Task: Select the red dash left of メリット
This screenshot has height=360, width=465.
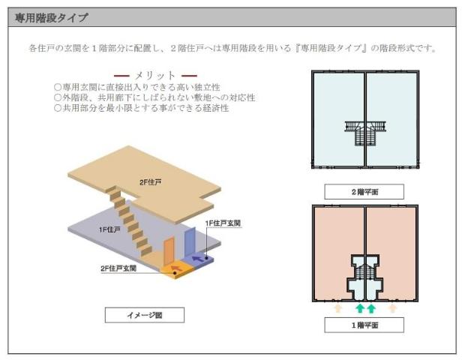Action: (121, 76)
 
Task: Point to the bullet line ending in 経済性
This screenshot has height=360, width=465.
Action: (142, 108)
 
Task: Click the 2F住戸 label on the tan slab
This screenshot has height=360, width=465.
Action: (151, 182)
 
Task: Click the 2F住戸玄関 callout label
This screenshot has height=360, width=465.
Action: (119, 268)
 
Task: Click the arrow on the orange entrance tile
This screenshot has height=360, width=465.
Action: (177, 265)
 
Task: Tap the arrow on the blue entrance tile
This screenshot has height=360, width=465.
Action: (199, 258)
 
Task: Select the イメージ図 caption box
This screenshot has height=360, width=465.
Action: (145, 315)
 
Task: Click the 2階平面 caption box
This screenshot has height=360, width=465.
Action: (364, 192)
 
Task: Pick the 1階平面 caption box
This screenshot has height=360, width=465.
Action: (364, 325)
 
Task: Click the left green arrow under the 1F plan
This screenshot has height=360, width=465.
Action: (359, 307)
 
